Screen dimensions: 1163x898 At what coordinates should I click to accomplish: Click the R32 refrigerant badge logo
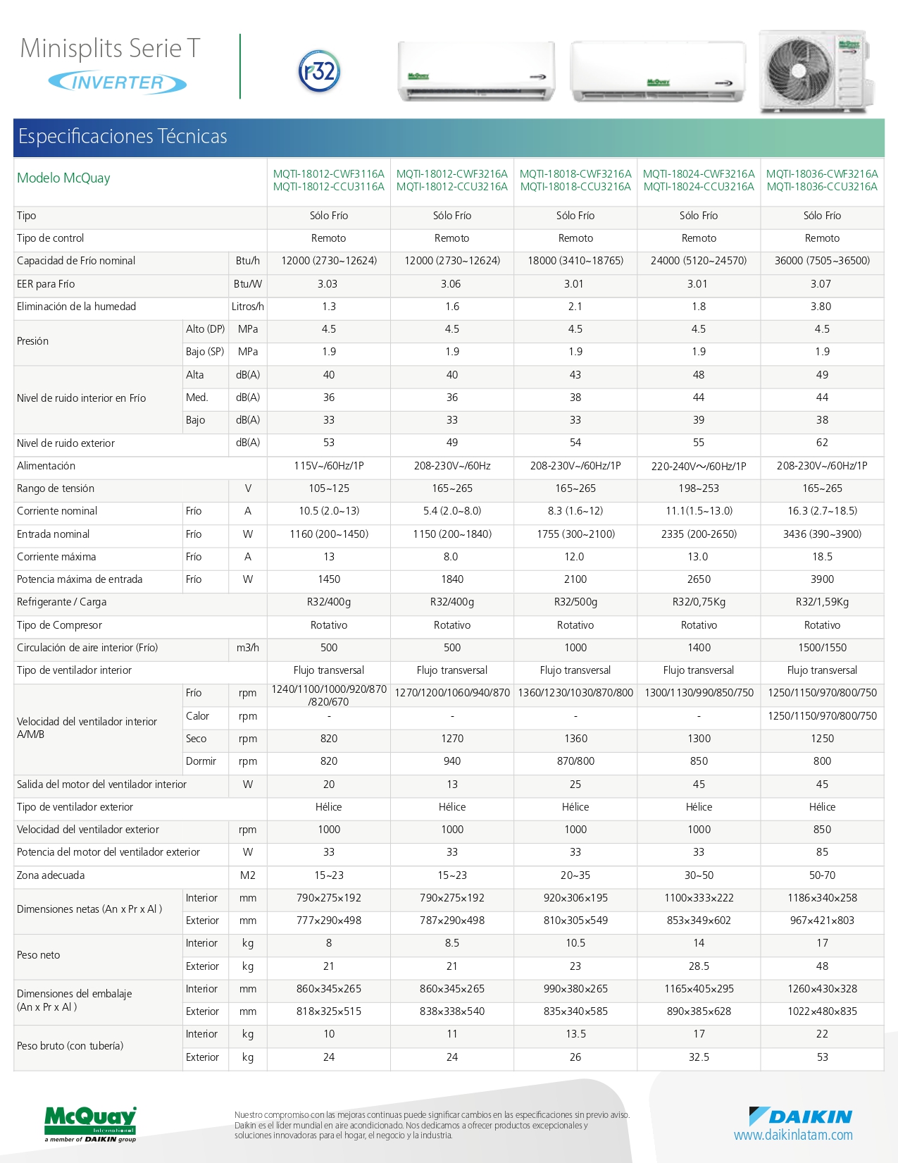pyautogui.click(x=320, y=71)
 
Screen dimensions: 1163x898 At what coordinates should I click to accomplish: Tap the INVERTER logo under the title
pyautogui.click(x=118, y=82)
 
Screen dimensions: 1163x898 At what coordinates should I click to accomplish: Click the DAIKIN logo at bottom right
pyautogui.click(x=800, y=1116)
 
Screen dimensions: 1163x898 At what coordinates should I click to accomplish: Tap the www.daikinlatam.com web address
pyautogui.click(x=793, y=1136)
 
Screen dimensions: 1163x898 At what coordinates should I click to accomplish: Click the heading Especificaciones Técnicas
pyautogui.click(x=123, y=136)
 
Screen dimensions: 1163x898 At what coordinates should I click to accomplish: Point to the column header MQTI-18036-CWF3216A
pyautogui.click(x=822, y=174)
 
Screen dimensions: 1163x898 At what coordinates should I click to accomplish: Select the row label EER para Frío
pyautogui.click(x=46, y=284)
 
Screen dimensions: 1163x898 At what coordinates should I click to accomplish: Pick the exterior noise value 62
pyautogui.click(x=822, y=443)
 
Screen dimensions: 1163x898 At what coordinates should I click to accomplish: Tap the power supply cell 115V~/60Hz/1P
pyautogui.click(x=329, y=466)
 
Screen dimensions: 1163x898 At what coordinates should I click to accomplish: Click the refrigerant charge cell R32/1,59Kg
pyautogui.click(x=822, y=602)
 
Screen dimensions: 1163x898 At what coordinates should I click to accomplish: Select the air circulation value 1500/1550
pyautogui.click(x=822, y=648)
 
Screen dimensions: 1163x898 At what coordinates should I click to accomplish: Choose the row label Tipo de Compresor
pyautogui.click(x=59, y=625)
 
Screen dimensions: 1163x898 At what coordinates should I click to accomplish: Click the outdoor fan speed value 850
pyautogui.click(x=822, y=830)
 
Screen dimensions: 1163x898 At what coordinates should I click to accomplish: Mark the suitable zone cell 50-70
pyautogui.click(x=822, y=875)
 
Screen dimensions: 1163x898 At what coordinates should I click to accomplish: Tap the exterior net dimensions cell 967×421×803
pyautogui.click(x=822, y=921)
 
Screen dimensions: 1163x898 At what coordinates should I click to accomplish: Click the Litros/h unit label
pyautogui.click(x=247, y=307)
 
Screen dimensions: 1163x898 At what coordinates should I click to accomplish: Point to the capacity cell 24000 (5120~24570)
pyautogui.click(x=699, y=261)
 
